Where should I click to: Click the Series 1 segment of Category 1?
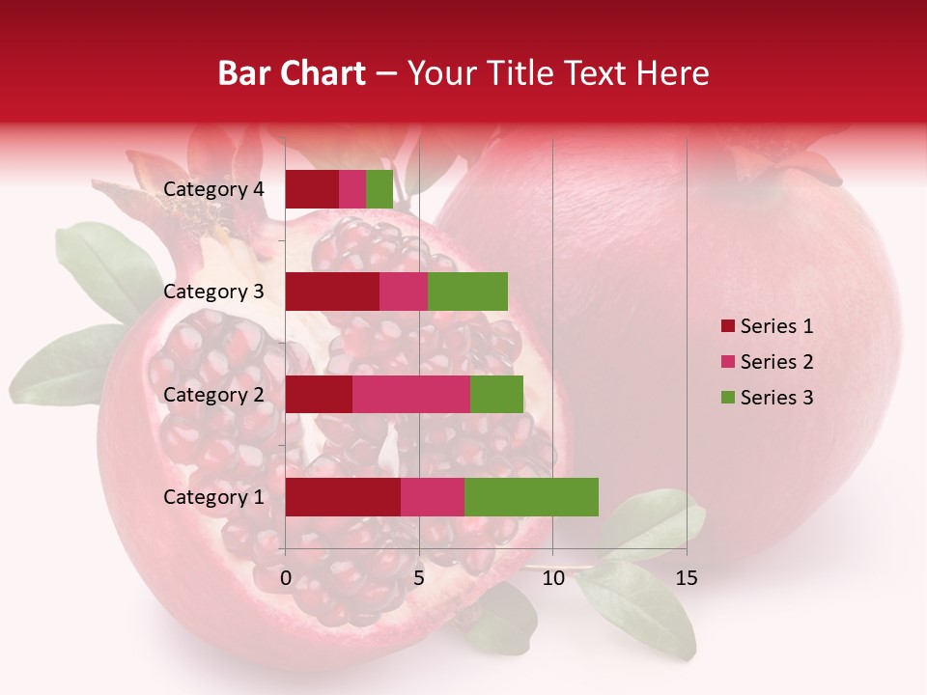pyautogui.click(x=343, y=497)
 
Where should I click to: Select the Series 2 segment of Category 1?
pyautogui.click(x=433, y=497)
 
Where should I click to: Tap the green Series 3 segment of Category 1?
pyautogui.click(x=531, y=497)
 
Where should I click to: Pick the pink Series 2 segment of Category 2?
pyautogui.click(x=411, y=395)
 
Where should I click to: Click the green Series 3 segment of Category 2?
pyautogui.click(x=496, y=395)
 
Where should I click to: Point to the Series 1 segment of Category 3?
pyautogui.click(x=332, y=292)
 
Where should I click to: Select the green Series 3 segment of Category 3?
pyautogui.click(x=467, y=292)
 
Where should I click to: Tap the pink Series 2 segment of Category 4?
pyautogui.click(x=352, y=189)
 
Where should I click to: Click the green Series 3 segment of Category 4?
pyautogui.click(x=379, y=189)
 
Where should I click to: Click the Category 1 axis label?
pyautogui.click(x=213, y=497)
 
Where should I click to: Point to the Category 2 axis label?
pyautogui.click(x=213, y=395)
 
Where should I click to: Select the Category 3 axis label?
pyautogui.click(x=213, y=292)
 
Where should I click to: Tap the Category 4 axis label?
pyautogui.click(x=213, y=189)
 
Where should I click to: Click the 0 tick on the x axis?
pyautogui.click(x=286, y=578)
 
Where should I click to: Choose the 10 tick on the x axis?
pyautogui.click(x=552, y=578)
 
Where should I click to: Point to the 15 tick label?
pyautogui.click(x=686, y=578)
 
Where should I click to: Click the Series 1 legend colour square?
pyautogui.click(x=728, y=326)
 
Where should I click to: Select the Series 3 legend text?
pyautogui.click(x=776, y=398)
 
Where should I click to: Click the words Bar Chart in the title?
pyautogui.click(x=292, y=73)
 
